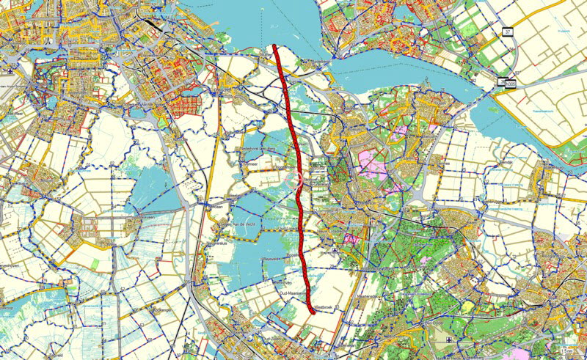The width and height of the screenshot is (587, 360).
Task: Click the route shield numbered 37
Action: pos(506,32)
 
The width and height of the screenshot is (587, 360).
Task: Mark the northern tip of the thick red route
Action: pos(274,46)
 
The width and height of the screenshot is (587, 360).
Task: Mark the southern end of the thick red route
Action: pos(313,312)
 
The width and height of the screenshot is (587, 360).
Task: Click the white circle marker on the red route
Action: pos(299,179)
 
